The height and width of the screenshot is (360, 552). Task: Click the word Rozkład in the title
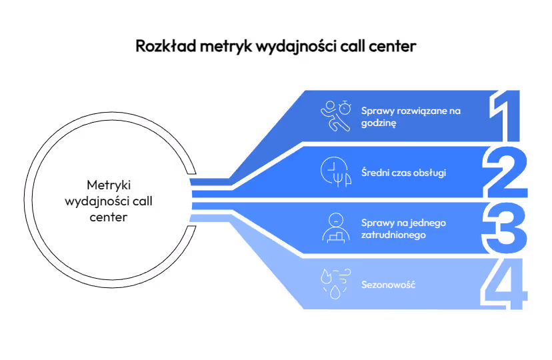(165, 46)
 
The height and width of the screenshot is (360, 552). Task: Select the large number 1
(505, 116)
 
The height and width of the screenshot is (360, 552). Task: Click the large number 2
(505, 172)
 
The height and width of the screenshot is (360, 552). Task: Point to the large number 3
(505, 228)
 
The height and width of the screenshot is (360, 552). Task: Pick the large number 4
(504, 284)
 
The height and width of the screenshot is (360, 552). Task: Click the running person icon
(335, 117)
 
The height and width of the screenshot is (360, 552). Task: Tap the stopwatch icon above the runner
(345, 107)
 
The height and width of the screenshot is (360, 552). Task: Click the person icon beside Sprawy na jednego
(336, 228)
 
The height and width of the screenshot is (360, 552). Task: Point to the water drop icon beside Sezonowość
(335, 292)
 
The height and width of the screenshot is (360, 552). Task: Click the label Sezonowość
(388, 285)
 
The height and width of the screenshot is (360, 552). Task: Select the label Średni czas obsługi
(403, 173)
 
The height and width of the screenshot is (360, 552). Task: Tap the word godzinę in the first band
(379, 123)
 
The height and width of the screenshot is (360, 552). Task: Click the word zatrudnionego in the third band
(393, 235)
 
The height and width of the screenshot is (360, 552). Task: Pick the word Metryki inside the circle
(109, 185)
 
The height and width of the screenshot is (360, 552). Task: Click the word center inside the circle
(109, 217)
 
